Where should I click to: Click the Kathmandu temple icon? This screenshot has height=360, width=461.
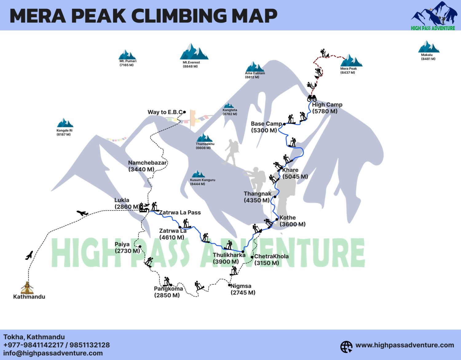pos(27,288)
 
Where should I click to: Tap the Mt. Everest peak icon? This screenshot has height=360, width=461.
pos(194,52)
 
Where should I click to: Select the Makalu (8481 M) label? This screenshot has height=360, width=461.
pos(428,57)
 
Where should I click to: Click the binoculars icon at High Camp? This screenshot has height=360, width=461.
pos(312,98)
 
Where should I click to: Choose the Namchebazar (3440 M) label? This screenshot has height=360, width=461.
pos(147,166)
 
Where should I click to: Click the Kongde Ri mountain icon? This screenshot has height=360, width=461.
pos(65,123)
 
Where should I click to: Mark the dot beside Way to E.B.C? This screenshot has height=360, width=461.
pos(184,112)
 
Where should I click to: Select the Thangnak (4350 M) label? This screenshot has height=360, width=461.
pos(257,197)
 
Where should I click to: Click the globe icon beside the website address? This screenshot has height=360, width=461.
pos(346,347)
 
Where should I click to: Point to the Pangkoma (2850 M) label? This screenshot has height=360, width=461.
pos(168,292)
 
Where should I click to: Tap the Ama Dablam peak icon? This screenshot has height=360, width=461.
pos(255,67)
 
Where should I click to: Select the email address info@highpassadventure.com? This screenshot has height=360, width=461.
pos(53,353)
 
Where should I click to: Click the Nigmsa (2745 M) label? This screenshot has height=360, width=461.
pos(243,289)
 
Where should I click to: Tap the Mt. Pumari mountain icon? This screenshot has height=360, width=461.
pos(127,55)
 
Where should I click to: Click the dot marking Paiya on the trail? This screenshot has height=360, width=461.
pos(140,247)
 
